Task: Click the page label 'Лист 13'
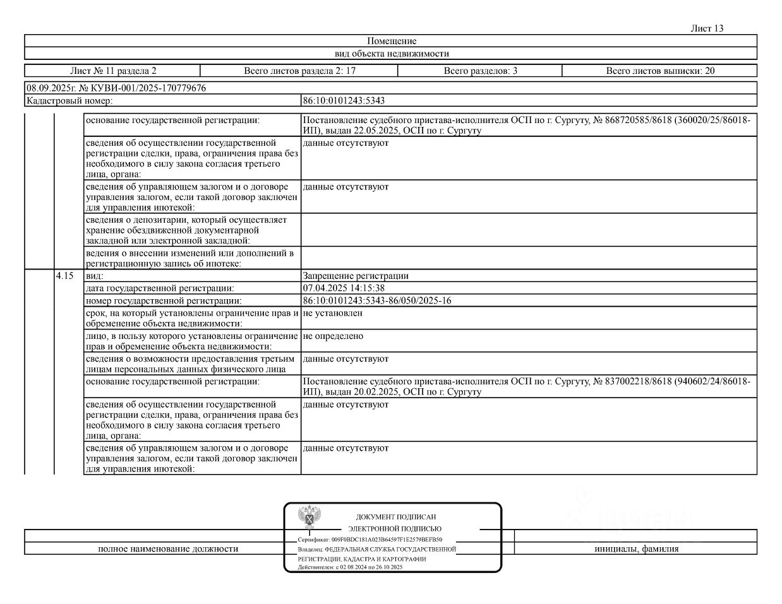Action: pos(707,28)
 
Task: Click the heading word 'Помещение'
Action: pos(392,41)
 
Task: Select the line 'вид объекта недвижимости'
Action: pos(392,54)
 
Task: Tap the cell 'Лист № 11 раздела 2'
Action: pos(113,71)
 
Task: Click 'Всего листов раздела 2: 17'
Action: pos(299,71)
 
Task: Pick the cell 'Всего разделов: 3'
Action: pos(480,71)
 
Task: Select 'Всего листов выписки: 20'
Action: pos(660,71)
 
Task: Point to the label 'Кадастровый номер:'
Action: pos(69,100)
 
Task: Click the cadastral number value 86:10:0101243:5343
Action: pos(344,100)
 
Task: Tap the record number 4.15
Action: pos(65,276)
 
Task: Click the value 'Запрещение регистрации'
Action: pos(356,276)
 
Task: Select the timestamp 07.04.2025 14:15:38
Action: pos(344,288)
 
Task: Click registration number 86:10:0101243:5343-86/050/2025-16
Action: pos(377,300)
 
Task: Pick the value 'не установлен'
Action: pos(333,312)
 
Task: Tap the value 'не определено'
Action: pos(333,336)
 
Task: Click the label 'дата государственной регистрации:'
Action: pos(159,288)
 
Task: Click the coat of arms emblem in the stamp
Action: pos(309,517)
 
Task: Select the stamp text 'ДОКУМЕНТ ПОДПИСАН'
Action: pos(395,517)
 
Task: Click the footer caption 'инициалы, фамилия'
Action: pos(636,548)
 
